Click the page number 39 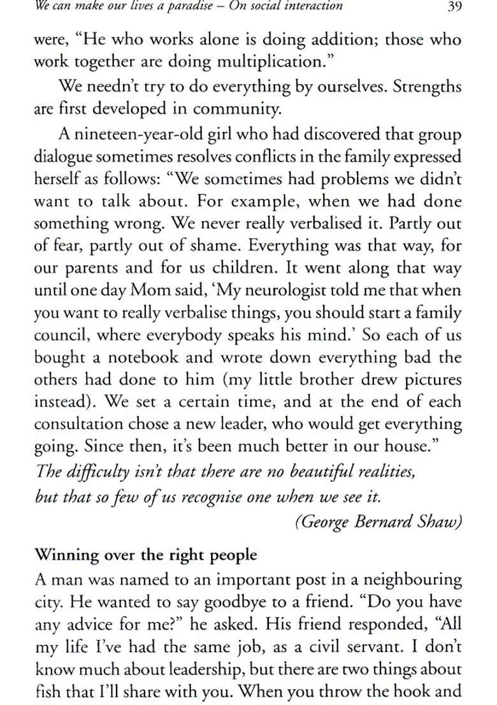pos(454,8)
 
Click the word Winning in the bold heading pos(63,555)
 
